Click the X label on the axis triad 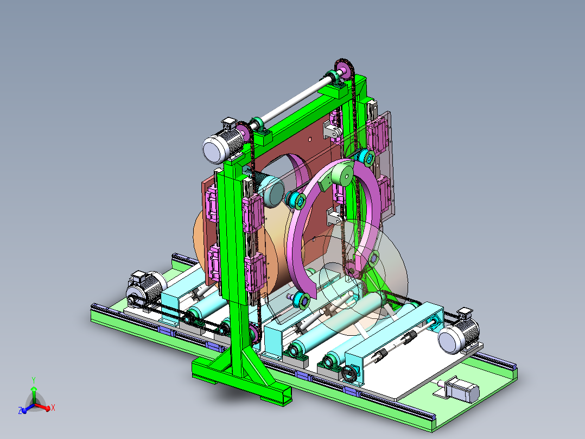53,407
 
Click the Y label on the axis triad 34,380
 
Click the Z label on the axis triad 20,411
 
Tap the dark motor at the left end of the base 145,287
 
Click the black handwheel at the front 349,373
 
